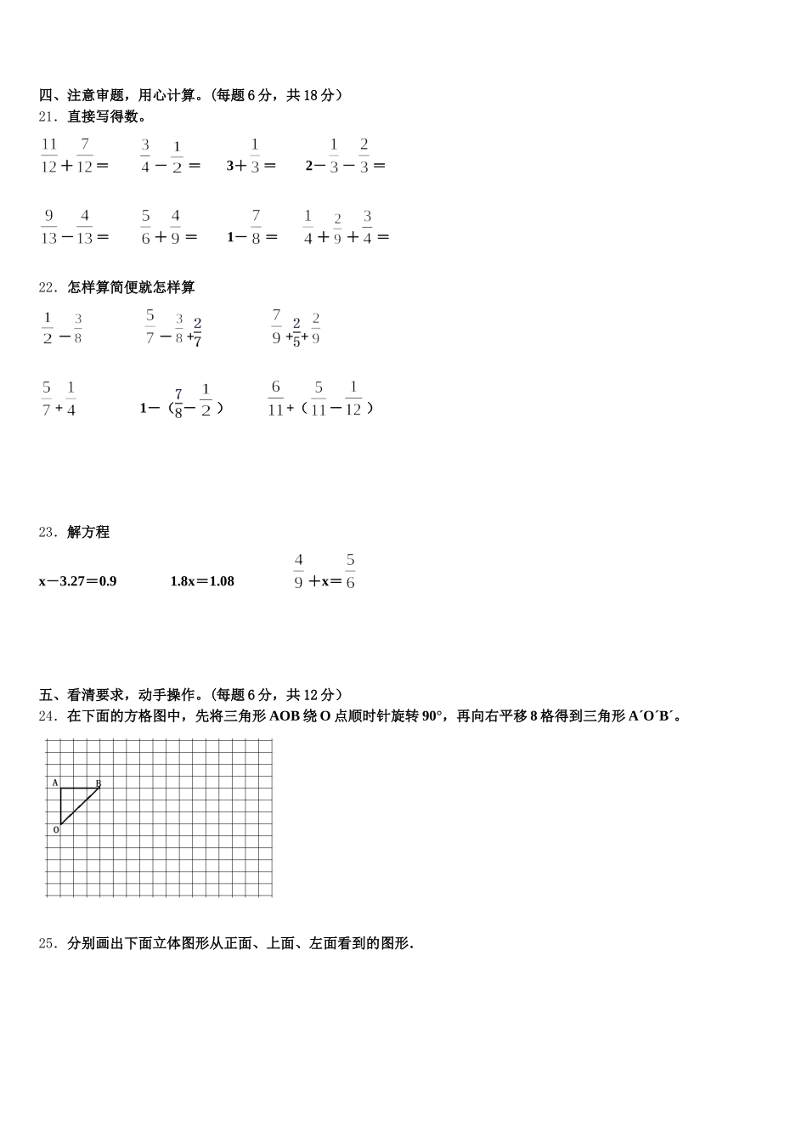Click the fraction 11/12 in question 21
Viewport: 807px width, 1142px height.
click(48, 155)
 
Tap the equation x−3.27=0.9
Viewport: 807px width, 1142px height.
click(77, 581)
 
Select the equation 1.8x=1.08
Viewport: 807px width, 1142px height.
click(202, 581)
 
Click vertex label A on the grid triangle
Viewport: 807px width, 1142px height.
click(55, 783)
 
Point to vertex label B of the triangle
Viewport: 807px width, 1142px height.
click(99, 783)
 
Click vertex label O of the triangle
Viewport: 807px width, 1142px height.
click(56, 829)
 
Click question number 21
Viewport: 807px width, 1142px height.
click(48, 116)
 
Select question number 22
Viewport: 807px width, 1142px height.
click(48, 287)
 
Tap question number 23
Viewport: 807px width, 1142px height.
click(48, 532)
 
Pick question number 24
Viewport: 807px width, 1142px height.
click(48, 715)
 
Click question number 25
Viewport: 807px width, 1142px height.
click(48, 942)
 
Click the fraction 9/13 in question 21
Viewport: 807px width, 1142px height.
click(48, 227)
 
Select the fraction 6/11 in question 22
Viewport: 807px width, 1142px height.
click(275, 398)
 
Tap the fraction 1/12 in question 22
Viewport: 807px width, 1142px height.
click(353, 398)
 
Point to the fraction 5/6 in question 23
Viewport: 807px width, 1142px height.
click(350, 571)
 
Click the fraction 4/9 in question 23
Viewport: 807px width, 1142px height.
click(298, 571)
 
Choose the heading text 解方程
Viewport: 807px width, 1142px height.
click(88, 532)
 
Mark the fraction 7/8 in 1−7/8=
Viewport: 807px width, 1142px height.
click(256, 227)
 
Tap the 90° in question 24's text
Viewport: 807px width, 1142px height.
click(432, 715)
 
